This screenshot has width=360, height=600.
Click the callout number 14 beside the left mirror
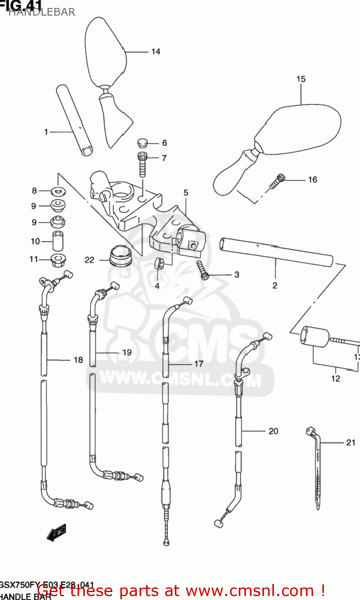click(x=156, y=52)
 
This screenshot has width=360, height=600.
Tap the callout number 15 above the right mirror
click(x=301, y=79)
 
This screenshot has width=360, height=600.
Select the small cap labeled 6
click(x=142, y=142)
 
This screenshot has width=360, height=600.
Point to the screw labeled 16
click(x=277, y=182)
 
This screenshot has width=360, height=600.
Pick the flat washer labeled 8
click(x=59, y=191)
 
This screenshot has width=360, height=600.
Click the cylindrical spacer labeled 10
click(x=58, y=241)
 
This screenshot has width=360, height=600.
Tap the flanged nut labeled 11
click(x=58, y=259)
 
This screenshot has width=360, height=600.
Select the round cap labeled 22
click(x=121, y=256)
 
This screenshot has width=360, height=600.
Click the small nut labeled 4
click(x=159, y=264)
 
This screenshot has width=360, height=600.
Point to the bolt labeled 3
click(x=203, y=270)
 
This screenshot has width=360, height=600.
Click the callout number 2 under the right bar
click(x=275, y=286)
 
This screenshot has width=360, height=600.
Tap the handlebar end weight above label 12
click(x=315, y=336)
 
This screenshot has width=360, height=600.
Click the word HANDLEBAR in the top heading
click(x=42, y=12)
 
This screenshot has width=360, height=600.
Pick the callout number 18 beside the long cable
click(x=78, y=360)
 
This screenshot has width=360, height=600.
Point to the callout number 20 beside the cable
click(x=273, y=431)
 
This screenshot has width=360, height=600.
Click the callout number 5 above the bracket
click(x=186, y=193)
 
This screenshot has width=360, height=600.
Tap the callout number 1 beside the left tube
click(x=46, y=132)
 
